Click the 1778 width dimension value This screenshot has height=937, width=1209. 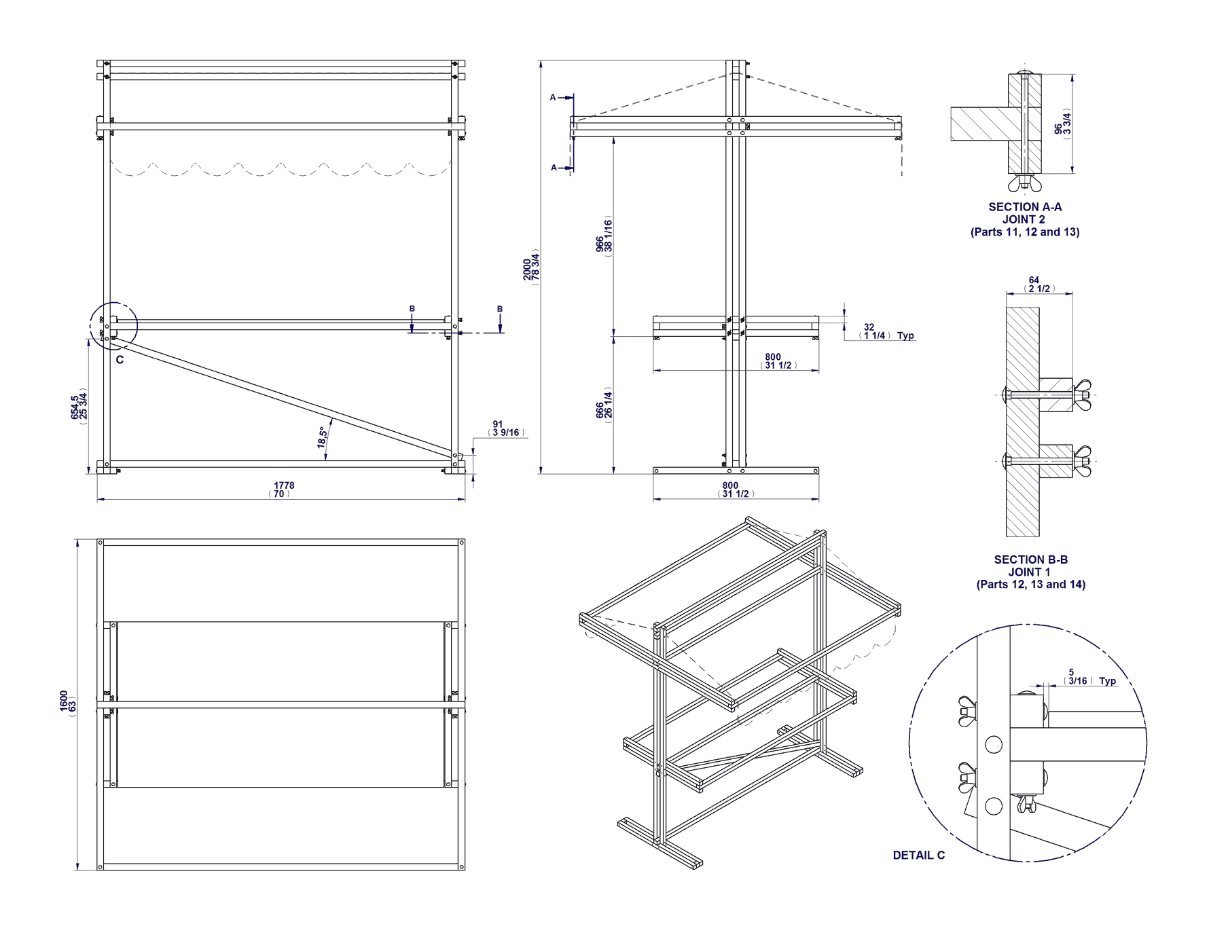(283, 485)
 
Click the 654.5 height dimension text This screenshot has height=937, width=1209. (75, 407)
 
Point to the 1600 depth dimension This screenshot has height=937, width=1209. (64, 701)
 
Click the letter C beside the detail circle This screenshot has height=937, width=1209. (120, 360)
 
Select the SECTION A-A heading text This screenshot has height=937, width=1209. (1024, 207)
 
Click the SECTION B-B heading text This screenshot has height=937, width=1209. (1030, 559)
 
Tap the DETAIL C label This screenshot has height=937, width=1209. (918, 856)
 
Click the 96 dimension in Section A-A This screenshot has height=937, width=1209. (1058, 129)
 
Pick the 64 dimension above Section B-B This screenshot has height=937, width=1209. (1033, 280)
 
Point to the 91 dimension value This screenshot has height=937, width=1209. (498, 424)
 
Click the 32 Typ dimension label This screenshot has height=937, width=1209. (869, 327)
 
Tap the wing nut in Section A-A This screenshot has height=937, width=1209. (1024, 184)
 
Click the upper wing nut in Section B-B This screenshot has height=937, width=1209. (1082, 394)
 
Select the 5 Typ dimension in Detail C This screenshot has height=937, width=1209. (1071, 672)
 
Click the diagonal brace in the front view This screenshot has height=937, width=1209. (285, 397)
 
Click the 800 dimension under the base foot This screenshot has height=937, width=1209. (730, 485)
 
